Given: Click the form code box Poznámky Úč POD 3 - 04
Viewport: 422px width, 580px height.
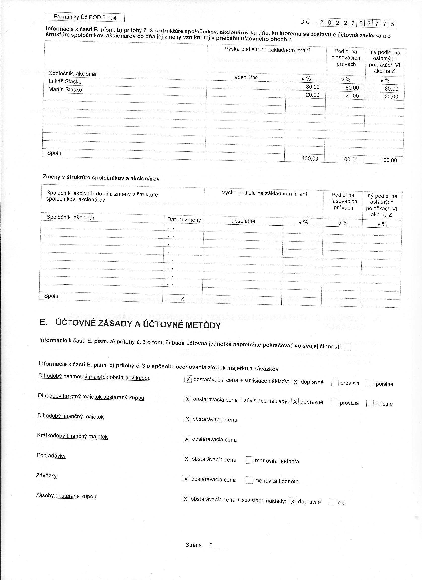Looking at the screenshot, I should click(85, 17).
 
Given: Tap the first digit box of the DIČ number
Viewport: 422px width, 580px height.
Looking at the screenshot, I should click(321, 23).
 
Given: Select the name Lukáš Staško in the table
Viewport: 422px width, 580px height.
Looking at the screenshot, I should click(65, 82).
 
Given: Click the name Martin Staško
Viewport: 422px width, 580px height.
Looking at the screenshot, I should click(65, 90).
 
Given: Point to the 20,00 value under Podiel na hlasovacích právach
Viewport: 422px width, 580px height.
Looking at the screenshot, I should click(352, 96).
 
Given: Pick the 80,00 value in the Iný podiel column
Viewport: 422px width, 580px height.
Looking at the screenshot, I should click(391, 89).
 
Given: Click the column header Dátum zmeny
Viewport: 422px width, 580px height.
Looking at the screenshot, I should click(184, 220).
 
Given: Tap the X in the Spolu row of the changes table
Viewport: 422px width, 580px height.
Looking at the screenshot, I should click(182, 298).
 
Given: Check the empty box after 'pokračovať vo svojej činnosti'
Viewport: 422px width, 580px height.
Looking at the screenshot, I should click(348, 347).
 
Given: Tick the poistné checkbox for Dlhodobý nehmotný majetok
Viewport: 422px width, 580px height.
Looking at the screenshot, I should click(370, 383).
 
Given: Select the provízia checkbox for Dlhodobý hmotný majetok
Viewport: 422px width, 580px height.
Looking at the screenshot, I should click(334, 403).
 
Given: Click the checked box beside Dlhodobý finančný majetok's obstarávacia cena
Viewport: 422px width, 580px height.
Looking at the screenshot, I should click(187, 419).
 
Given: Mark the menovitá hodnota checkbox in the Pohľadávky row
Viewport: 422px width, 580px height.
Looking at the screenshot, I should click(249, 460).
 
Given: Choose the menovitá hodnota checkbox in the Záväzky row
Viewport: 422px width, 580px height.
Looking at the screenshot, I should click(249, 480).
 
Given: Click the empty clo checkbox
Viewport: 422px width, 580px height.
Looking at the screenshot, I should click(332, 502).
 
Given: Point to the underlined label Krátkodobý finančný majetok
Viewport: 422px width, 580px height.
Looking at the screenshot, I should click(72, 436).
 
